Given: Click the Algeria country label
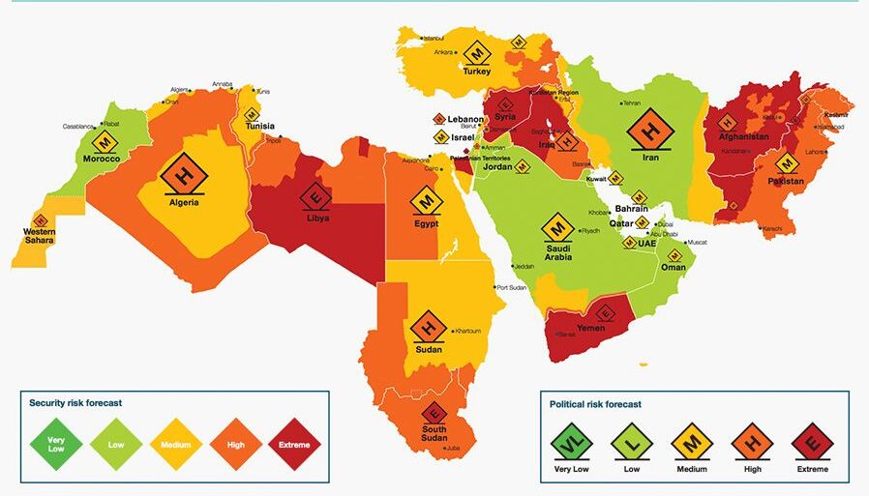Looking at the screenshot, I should [184, 202].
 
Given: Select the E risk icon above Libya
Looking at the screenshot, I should [315, 196].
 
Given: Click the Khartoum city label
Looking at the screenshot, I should [466, 331].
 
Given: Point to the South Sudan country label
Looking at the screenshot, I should [433, 434].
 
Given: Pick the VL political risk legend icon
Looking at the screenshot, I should [571, 444].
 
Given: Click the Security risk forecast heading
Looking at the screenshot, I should [75, 402].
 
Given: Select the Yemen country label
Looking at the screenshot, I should [589, 328].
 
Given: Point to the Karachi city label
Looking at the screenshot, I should [771, 228].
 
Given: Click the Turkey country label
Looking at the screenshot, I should [476, 71].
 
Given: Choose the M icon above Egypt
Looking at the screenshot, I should [426, 201].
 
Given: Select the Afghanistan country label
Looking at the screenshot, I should [742, 136].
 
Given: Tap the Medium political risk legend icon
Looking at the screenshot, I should [692, 444].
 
